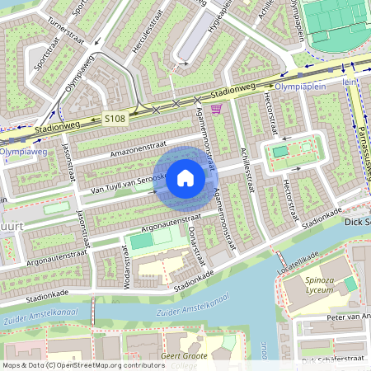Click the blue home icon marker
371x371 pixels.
185,177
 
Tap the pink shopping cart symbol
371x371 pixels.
216,109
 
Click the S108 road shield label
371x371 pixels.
115,119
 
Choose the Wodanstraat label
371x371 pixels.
129,267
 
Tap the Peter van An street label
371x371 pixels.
347,316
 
